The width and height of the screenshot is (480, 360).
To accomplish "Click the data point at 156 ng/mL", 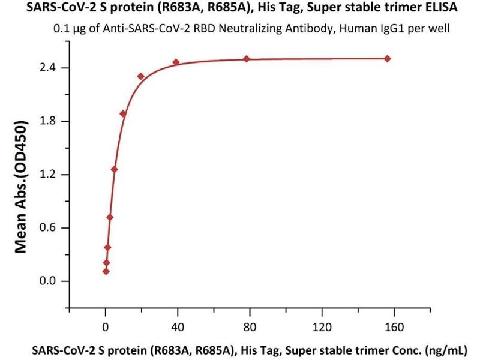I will [388, 58].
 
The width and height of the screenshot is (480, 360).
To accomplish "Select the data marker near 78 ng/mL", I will [247, 59].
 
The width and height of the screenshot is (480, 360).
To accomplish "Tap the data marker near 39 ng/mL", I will [176, 62].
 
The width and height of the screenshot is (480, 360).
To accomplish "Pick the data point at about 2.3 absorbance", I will [140, 76].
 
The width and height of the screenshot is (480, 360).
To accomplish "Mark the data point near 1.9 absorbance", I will [123, 113].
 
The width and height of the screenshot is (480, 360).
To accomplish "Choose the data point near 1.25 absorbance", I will [114, 169].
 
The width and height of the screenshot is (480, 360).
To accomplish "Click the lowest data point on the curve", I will [106, 271].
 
